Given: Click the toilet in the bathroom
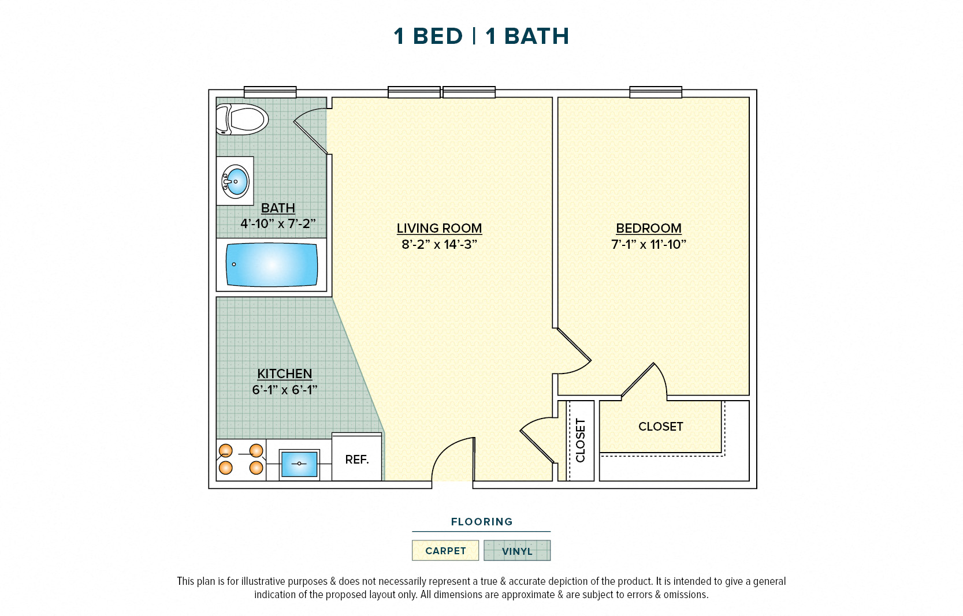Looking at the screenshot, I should point(243,120).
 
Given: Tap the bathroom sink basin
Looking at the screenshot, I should point(236,181).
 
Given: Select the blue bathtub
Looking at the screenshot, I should point(272,265).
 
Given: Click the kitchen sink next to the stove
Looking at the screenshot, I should point(299,464).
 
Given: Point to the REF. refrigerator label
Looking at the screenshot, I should point(356,460).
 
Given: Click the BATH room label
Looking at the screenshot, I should point(278,208).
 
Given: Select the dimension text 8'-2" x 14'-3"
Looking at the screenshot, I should point(439,244).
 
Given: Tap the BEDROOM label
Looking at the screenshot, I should point(648,228).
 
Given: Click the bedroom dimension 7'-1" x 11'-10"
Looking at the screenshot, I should point(648,244).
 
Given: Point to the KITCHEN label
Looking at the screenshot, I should point(284,374).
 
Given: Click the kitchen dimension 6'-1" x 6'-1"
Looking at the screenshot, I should point(284,390).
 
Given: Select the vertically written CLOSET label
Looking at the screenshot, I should point(581,440).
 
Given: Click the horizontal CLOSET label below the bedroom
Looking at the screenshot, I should point(660,427).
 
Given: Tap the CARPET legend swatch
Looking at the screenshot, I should point(445,551).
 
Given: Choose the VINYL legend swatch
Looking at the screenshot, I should point(517,551).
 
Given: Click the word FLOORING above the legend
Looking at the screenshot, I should point(481,522).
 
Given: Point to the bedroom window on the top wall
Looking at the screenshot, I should point(655,92).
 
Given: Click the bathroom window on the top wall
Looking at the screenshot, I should point(270,92).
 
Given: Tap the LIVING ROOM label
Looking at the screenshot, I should point(439,228).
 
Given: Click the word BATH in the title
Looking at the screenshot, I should point(537,36).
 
